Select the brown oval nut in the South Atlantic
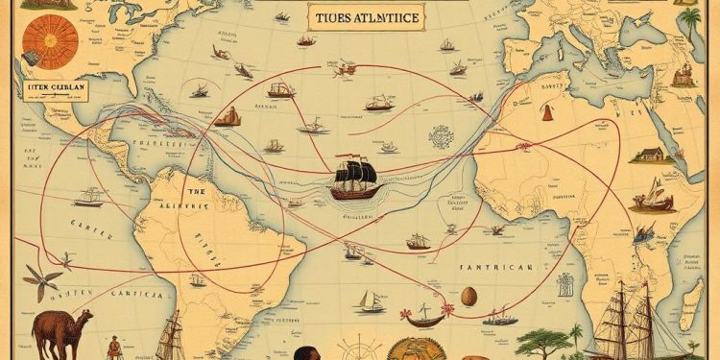[x=469, y=296]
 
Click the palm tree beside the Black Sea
[x=690, y=24]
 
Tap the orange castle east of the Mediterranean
[x=685, y=77]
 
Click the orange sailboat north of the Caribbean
[x=228, y=118]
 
